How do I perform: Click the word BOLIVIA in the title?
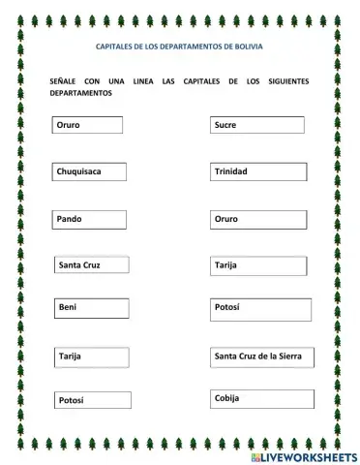[247, 46]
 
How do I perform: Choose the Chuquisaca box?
[91, 172]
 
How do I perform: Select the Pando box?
[90, 220]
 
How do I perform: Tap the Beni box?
[92, 308]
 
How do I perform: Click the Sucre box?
[256, 125]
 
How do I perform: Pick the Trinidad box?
[258, 172]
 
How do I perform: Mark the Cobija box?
[261, 399]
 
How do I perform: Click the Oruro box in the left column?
[88, 126]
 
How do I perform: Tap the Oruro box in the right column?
[257, 220]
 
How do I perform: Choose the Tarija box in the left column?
[92, 357]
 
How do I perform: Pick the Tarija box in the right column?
[258, 265]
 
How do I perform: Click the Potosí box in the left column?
[92, 400]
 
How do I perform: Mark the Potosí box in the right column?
[260, 309]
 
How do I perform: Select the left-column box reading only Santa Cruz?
[92, 264]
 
